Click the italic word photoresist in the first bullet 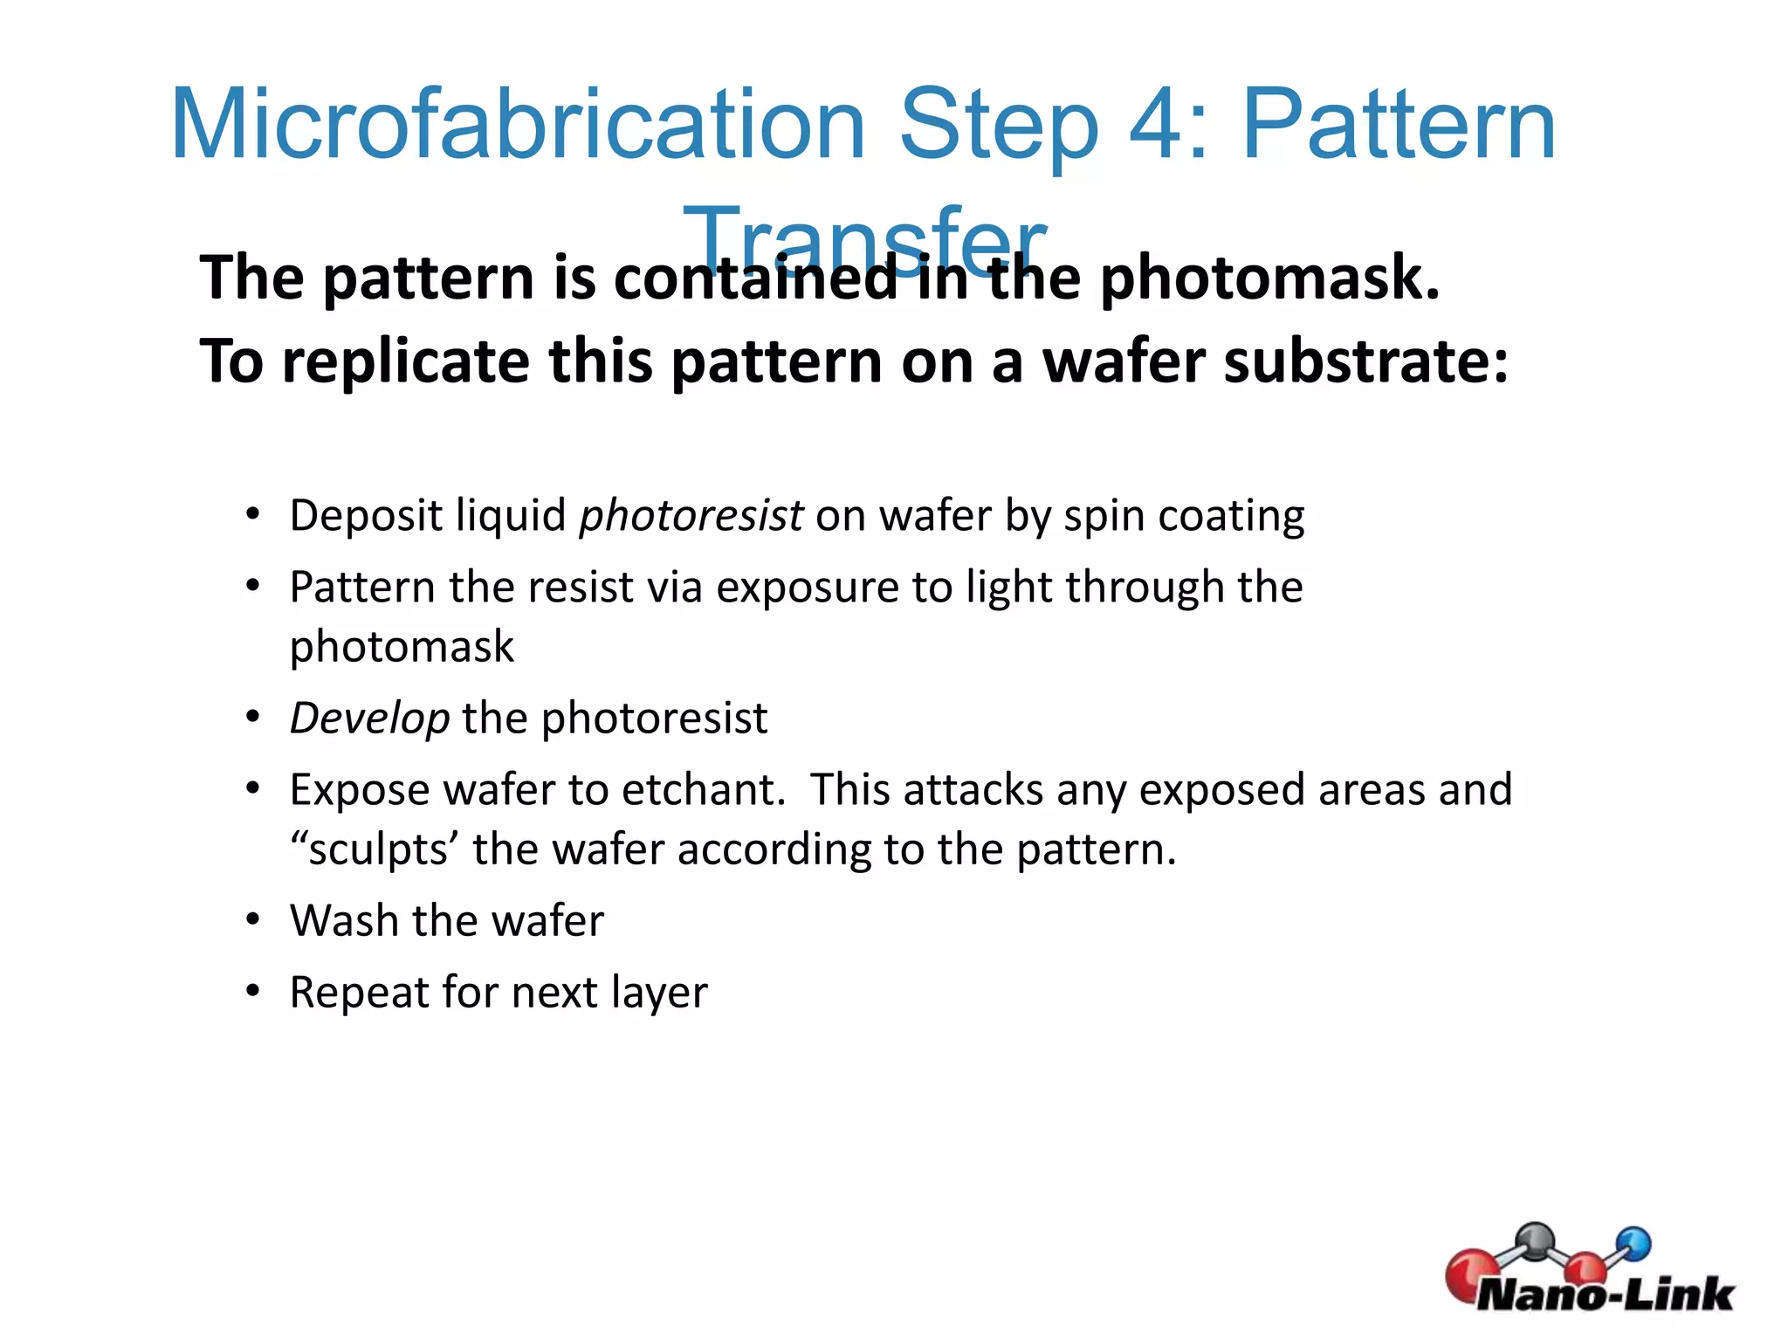coord(691,516)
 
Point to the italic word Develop coord(369,719)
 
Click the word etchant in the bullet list coord(703,789)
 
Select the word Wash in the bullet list coord(345,921)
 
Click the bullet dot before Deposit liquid coord(253,514)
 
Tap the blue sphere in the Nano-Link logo coord(1633,1242)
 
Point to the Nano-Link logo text coord(1605,1295)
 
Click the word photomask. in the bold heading coord(1269,279)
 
